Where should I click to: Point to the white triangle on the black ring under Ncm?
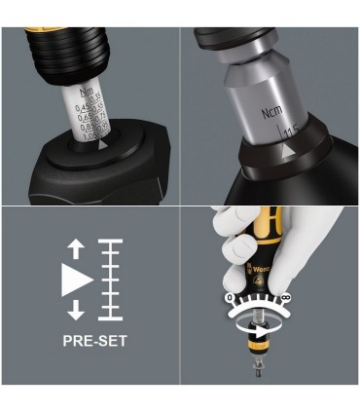(x=287, y=157)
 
